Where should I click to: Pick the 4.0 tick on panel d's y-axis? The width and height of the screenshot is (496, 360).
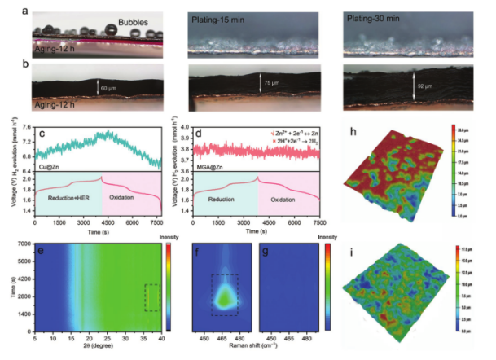tap(181, 128)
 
